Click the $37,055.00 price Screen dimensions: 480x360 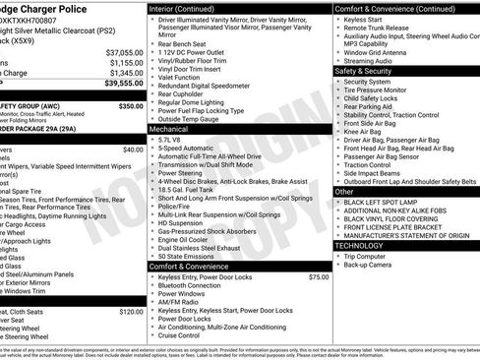pyautogui.click(x=125, y=52)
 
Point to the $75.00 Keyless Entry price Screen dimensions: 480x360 pyautogui.click(x=318, y=277)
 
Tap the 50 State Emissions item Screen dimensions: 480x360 pyautogui.click(x=186, y=256)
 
